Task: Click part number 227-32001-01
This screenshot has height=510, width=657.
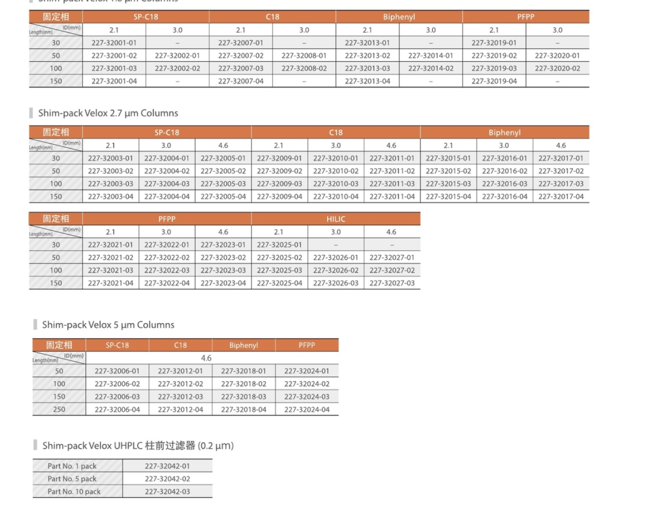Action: (114, 42)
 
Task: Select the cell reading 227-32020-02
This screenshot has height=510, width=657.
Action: (557, 68)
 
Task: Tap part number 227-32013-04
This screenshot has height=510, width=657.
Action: (367, 81)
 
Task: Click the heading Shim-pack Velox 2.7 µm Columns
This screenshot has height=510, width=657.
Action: (108, 113)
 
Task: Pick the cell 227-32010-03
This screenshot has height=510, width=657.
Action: (336, 184)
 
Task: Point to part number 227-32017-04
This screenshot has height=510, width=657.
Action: (561, 196)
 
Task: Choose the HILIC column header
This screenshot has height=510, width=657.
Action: (336, 219)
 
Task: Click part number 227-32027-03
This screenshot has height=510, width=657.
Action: (392, 283)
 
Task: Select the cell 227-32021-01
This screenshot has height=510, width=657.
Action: (110, 245)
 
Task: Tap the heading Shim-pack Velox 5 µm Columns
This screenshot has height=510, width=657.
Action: (108, 325)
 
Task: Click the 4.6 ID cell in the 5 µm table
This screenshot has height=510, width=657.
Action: (206, 358)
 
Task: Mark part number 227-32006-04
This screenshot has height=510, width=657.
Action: (117, 410)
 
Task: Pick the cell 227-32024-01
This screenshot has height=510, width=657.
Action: (307, 371)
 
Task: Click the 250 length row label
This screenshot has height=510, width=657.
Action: (59, 410)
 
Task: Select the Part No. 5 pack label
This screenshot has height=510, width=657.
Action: (72, 479)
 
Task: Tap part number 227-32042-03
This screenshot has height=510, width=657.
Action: (167, 492)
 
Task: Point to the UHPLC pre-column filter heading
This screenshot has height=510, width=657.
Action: (138, 446)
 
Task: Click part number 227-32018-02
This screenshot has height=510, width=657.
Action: (243, 384)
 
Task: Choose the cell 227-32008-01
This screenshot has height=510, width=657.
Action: (304, 55)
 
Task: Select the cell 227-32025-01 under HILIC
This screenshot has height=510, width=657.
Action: (279, 245)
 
